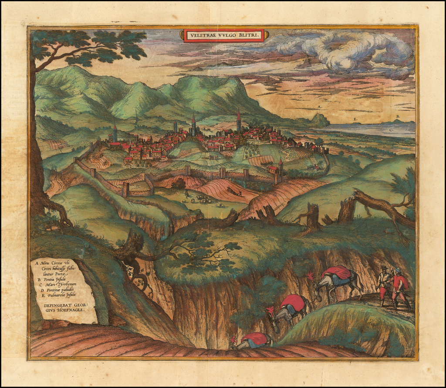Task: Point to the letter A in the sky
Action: click(319, 107)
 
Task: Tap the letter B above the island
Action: click(396, 116)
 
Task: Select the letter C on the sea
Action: click(391, 129)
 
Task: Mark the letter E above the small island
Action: click(355, 119)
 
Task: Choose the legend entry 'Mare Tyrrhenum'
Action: click(57, 284)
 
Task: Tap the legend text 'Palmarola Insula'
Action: click(57, 294)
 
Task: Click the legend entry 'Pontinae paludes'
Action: click(57, 289)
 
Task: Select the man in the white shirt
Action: click(384, 283)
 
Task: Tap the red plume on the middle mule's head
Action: click(270, 311)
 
